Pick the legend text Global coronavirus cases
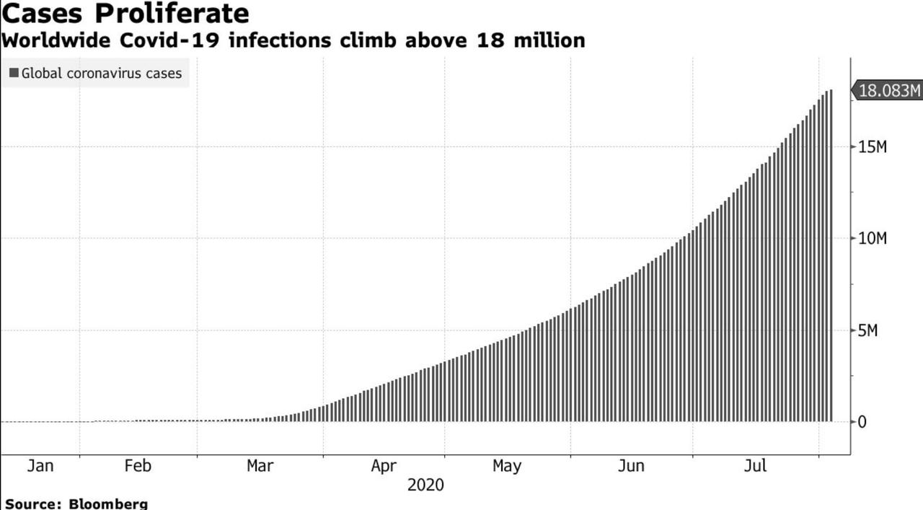click(102, 73)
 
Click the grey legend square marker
click(14, 73)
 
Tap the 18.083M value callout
click(890, 91)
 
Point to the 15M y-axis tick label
click(872, 147)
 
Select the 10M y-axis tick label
click(872, 239)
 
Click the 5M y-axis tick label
click(867, 330)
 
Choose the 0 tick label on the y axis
click(862, 422)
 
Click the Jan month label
click(40, 466)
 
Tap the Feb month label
click(138, 466)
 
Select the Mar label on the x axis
click(260, 466)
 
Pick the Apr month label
click(384, 466)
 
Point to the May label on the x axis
click(507, 466)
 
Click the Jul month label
click(755, 466)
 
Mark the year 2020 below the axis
click(425, 485)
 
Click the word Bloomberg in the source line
click(108, 504)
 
